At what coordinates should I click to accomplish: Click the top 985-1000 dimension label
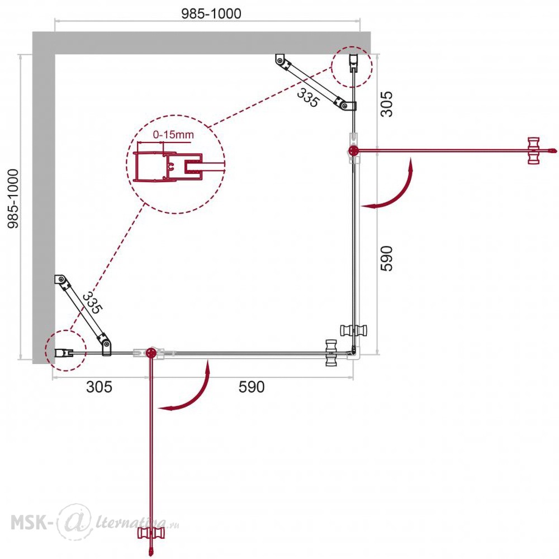(x=211, y=13)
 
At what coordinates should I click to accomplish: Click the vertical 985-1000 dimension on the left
(x=13, y=198)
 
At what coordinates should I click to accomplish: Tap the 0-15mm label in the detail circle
(x=173, y=135)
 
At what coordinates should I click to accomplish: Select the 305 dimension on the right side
(x=386, y=104)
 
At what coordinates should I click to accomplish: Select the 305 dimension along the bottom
(x=99, y=387)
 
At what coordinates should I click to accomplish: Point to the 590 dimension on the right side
(x=386, y=258)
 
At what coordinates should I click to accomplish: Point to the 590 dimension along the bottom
(x=252, y=387)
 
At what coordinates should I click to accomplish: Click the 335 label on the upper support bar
(x=307, y=98)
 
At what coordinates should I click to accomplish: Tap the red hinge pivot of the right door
(x=353, y=151)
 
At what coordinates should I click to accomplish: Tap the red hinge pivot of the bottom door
(x=151, y=353)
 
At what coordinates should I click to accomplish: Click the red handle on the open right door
(x=534, y=151)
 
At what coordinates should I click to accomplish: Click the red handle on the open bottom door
(x=151, y=534)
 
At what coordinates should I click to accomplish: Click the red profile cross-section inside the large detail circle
(x=168, y=167)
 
